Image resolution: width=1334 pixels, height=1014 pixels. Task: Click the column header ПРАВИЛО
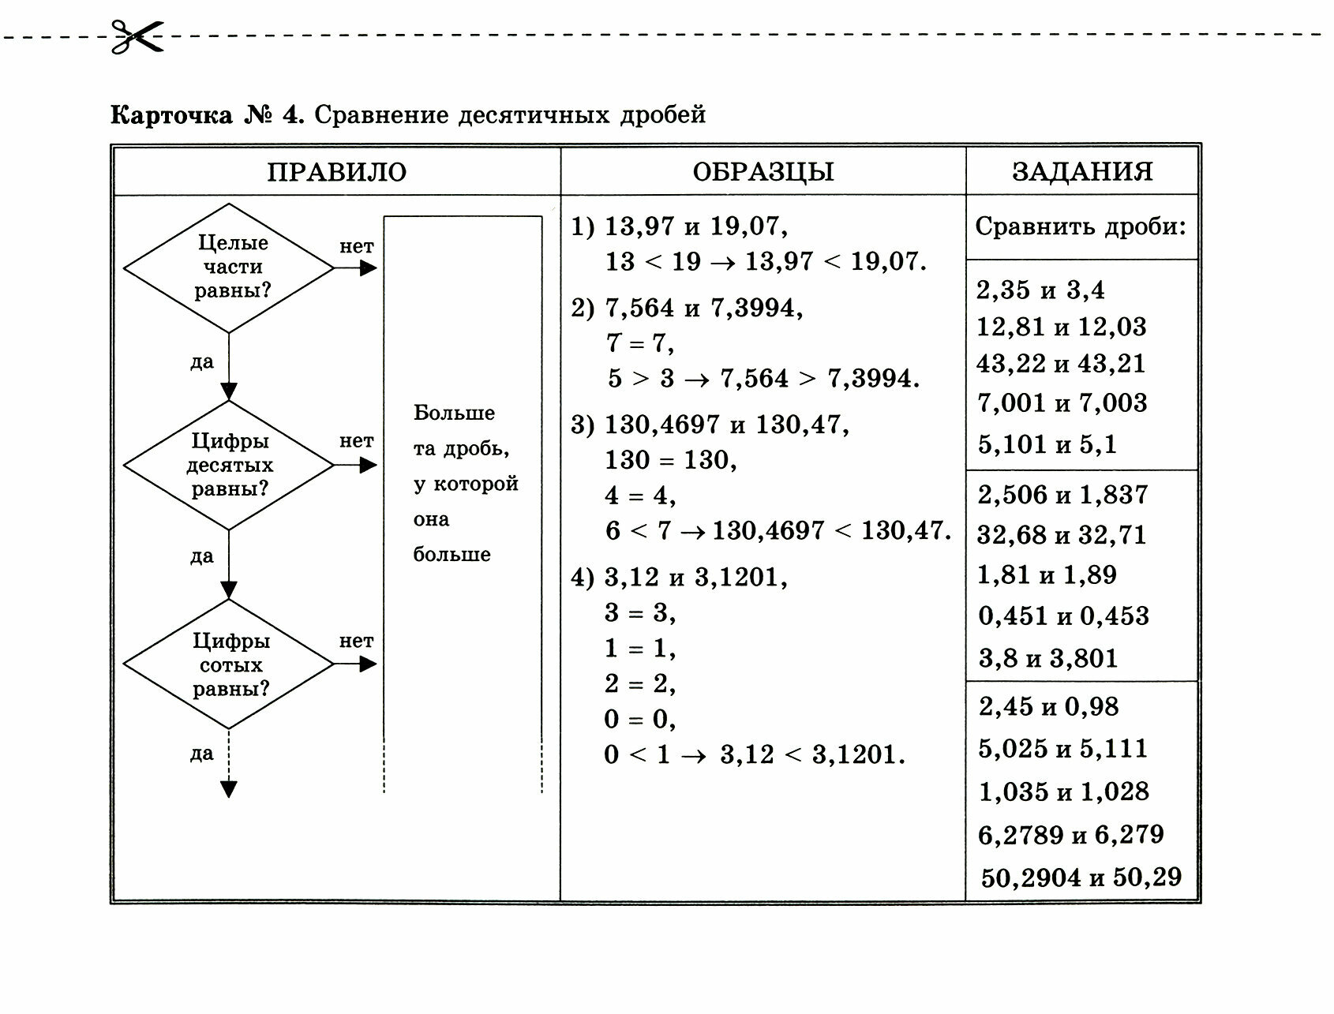pos(336,172)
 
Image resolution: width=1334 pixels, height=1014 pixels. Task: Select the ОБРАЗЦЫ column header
pos(763,172)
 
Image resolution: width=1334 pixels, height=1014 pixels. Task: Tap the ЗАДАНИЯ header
pos(1082,171)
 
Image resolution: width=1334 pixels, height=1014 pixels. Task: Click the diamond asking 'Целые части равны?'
pos(229,268)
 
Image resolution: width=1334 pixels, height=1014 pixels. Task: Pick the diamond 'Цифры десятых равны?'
pos(229,466)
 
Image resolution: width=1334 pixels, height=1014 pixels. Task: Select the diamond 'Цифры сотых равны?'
pos(229,664)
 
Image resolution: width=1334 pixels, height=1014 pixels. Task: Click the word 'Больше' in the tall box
pos(454,413)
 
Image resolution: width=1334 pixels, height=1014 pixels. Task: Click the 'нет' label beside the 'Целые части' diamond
pos(356,247)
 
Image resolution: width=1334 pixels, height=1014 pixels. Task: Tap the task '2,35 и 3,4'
pos(1040,290)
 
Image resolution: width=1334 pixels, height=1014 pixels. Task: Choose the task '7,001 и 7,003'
pos(1062,403)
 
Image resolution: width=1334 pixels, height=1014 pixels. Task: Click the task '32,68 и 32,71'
pos(1061,535)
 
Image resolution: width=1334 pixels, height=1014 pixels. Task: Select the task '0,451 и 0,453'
pos(1063,616)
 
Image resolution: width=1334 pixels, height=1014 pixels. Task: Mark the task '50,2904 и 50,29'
pos(1081,877)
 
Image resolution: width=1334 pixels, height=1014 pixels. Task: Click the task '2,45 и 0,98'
pos(1048,706)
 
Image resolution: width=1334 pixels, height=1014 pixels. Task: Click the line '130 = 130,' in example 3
pos(671,460)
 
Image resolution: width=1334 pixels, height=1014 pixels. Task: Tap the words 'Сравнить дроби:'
pos(1081,227)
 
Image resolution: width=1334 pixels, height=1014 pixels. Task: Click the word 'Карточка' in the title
pos(171,116)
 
